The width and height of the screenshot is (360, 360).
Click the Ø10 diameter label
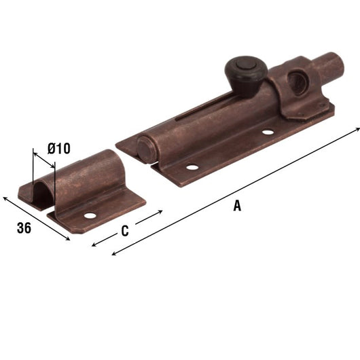pos(58,147)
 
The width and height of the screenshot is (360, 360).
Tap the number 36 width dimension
pos(24,228)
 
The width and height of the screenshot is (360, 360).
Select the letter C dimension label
pos(124,231)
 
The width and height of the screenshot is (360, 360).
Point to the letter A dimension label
pos(236,206)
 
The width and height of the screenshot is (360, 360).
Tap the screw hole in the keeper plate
pos(90,215)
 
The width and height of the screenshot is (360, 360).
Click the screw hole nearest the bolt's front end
pos(192,167)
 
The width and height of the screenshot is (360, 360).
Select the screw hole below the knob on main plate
pos(267,132)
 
